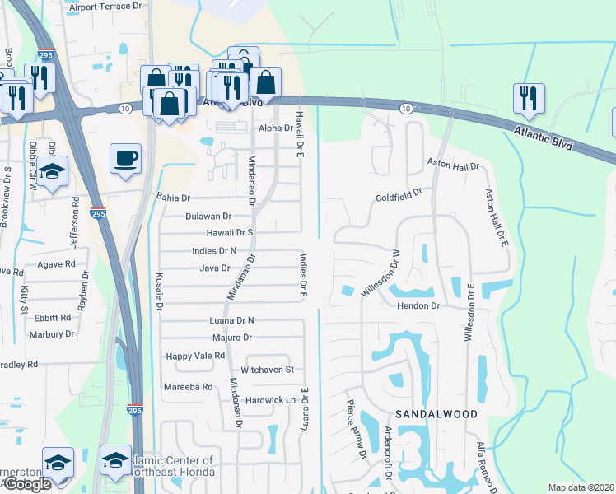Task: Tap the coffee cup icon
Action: [x=125, y=158]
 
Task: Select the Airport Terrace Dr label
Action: [x=105, y=7]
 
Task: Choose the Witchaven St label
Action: [x=267, y=370]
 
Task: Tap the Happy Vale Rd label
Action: [x=195, y=356]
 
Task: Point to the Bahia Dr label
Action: [x=173, y=198]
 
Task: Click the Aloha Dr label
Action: [x=276, y=128]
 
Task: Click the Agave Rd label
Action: [x=56, y=265]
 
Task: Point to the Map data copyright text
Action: [x=581, y=487]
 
